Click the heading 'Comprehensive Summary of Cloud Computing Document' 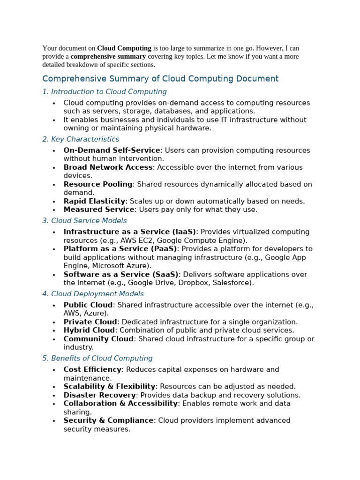(160, 79)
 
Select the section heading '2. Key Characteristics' (81, 139)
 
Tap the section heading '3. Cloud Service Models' (84, 221)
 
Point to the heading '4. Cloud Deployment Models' (93, 294)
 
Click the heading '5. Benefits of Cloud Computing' (97, 359)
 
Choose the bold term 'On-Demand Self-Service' (112, 150)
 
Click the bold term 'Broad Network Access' (108, 167)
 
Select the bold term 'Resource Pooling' (98, 184)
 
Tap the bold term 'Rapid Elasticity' (94, 201)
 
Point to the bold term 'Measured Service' (99, 210)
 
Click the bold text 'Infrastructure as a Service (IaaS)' (130, 232)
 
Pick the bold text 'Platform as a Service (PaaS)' (120, 249)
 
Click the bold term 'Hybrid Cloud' (89, 330)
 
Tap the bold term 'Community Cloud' (98, 339)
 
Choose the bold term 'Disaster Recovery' (99, 395)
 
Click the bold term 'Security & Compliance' (108, 420)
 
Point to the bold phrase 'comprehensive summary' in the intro (108, 57)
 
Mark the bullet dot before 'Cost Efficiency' (54, 370)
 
